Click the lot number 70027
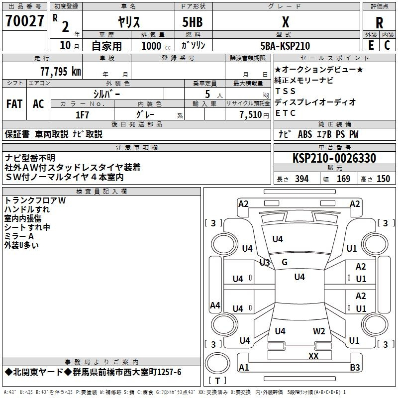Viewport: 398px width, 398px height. pyautogui.click(x=24, y=21)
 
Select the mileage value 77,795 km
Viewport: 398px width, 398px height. pyautogui.click(x=61, y=71)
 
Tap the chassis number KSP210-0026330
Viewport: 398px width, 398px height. pyautogui.click(x=334, y=158)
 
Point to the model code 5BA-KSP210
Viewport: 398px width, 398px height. pyautogui.click(x=285, y=46)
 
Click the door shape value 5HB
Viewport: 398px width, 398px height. pyautogui.click(x=193, y=22)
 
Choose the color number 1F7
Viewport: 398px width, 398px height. pyautogui.click(x=82, y=115)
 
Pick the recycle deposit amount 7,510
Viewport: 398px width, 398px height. pyautogui.click(x=251, y=115)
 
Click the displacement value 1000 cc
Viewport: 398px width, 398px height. pyautogui.click(x=156, y=46)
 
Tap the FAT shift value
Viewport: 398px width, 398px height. pyautogui.click(x=14, y=104)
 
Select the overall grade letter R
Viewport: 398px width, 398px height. pyautogui.click(x=379, y=23)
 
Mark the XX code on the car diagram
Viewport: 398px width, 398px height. pyautogui.click(x=313, y=356)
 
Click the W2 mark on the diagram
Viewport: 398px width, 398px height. pyautogui.click(x=319, y=331)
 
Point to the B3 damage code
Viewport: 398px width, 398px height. pyautogui.click(x=355, y=367)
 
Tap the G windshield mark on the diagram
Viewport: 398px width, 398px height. pyautogui.click(x=285, y=262)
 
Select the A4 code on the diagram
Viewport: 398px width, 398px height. pyautogui.click(x=215, y=305)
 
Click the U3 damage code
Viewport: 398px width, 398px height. pyautogui.click(x=265, y=262)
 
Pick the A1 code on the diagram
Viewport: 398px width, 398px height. pyautogui.click(x=244, y=367)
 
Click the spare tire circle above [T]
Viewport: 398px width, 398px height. pyautogui.click(x=217, y=363)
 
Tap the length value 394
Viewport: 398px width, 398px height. pyautogui.click(x=301, y=179)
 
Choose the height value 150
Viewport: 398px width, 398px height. pyautogui.click(x=383, y=179)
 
